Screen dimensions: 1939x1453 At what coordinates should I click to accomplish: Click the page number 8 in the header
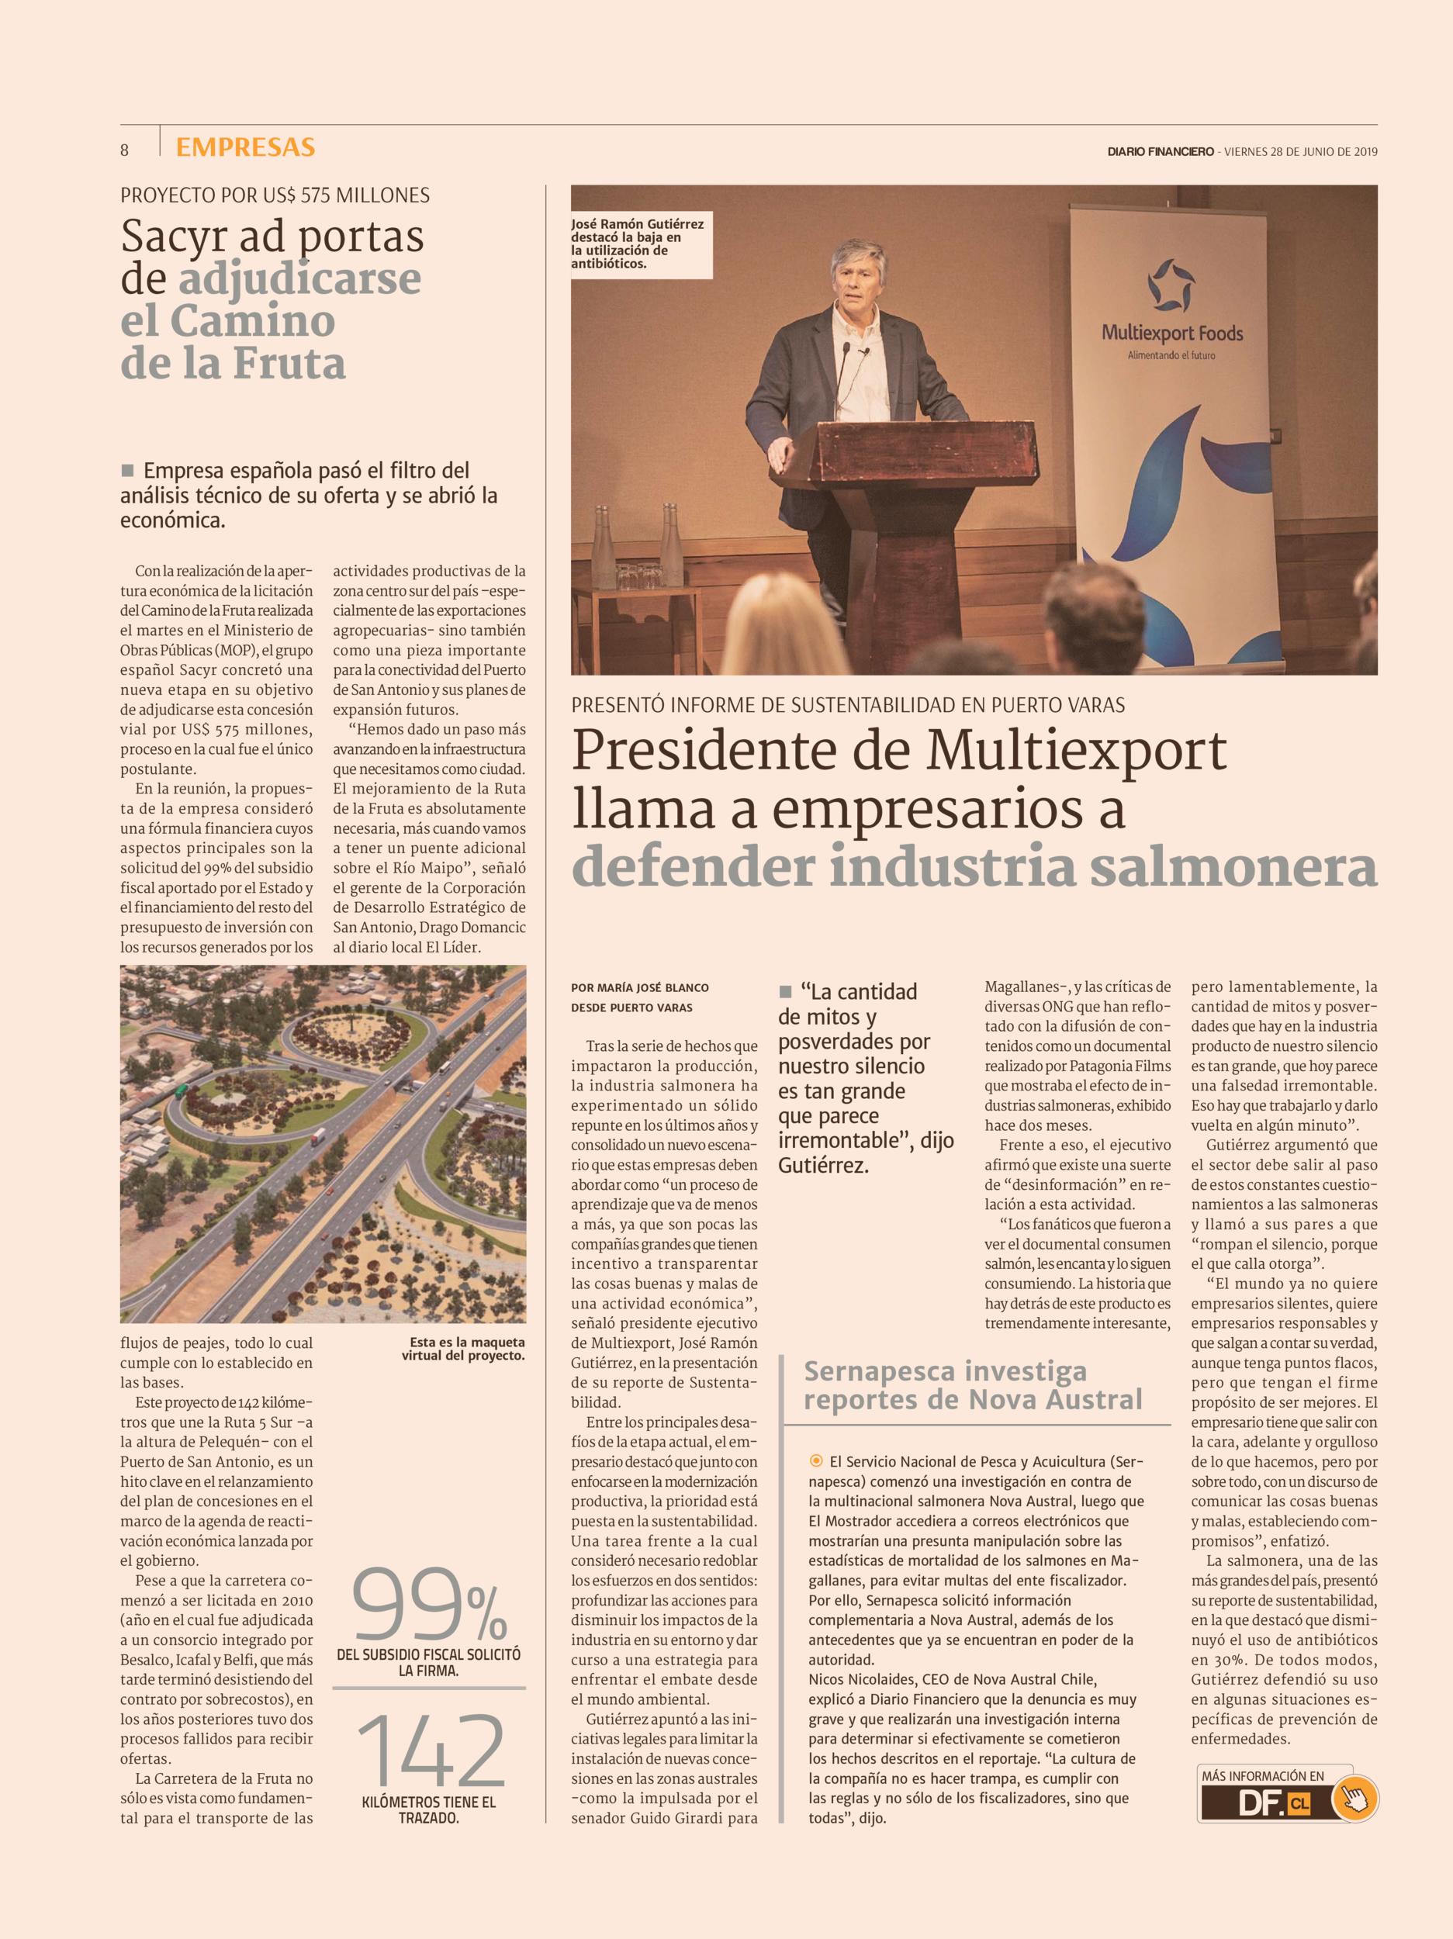coord(125,150)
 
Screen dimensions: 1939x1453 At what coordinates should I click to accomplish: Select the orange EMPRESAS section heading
coord(244,147)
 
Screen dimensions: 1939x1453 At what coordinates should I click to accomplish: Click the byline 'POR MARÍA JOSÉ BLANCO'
coord(639,988)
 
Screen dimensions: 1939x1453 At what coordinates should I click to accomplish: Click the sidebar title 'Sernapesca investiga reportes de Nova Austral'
coord(973,1385)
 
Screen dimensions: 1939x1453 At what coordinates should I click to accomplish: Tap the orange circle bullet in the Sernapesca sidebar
coord(816,1460)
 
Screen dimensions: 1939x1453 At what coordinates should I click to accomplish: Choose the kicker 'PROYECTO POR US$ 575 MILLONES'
coord(275,195)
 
